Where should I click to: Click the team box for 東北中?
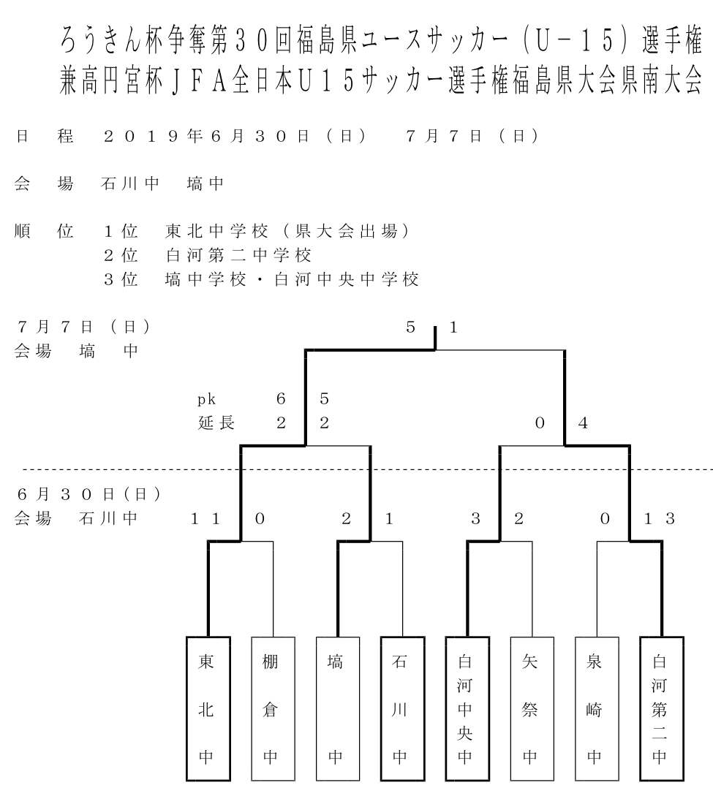tap(208, 708)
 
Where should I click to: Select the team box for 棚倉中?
tap(273, 708)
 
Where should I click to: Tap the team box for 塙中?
tap(338, 708)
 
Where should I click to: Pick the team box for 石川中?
tap(402, 708)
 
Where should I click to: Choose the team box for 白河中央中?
tap(467, 708)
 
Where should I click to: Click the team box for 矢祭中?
tap(532, 708)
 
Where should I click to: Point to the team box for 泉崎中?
tap(597, 708)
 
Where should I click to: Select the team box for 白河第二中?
tap(662, 708)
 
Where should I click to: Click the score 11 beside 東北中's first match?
tap(205, 519)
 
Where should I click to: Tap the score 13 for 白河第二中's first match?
tap(659, 519)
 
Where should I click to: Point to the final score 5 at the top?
tap(410, 327)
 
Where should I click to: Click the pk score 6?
tap(281, 399)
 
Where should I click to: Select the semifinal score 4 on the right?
tap(583, 423)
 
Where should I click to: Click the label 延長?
tap(216, 423)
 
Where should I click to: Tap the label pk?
tap(206, 400)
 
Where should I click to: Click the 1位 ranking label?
tap(121, 231)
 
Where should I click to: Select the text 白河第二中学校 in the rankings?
tap(238, 255)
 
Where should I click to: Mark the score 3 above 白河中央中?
tap(475, 519)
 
